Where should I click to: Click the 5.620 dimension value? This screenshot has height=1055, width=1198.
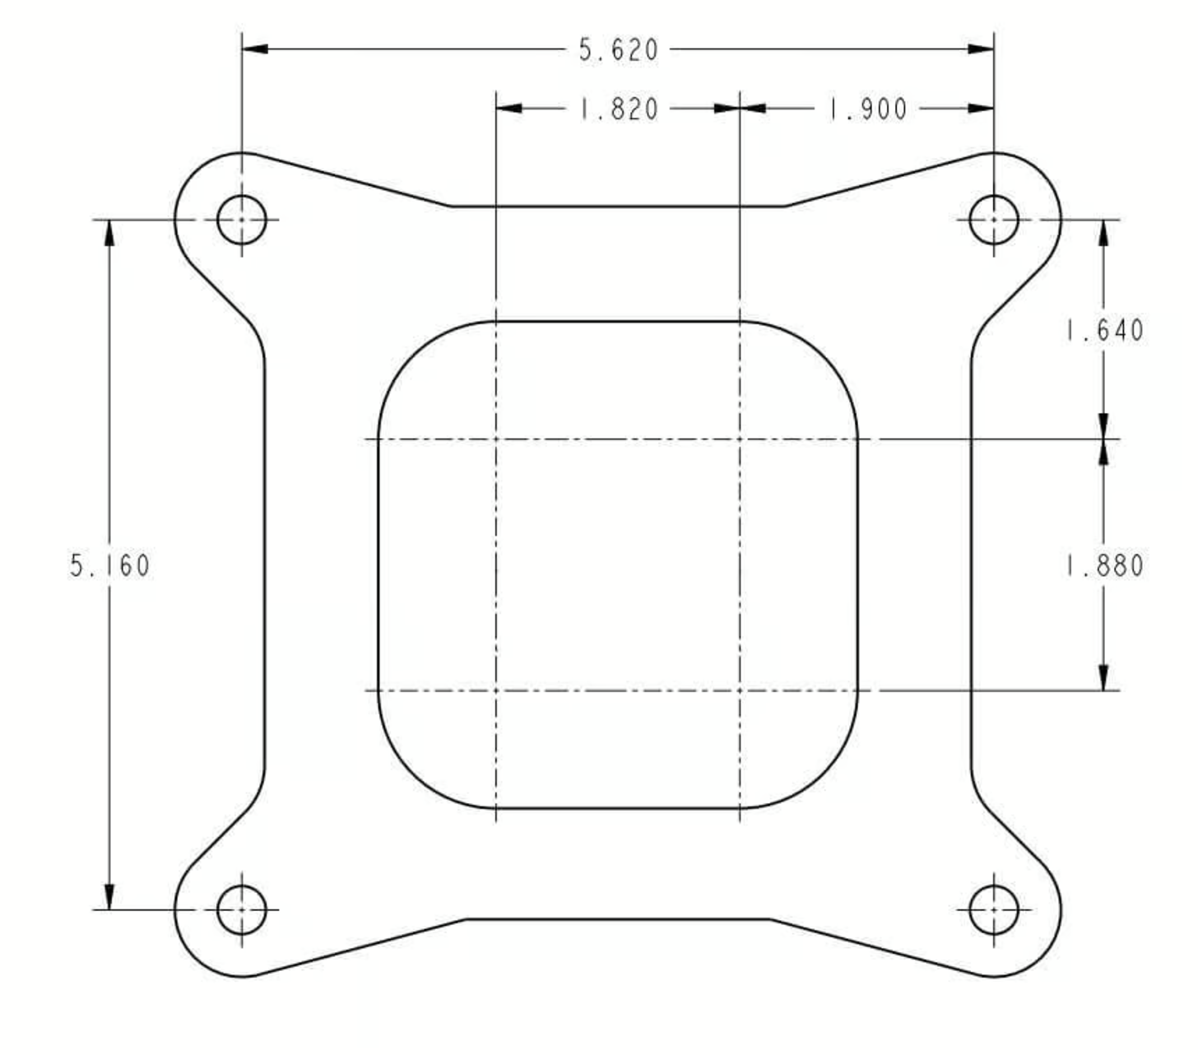617,50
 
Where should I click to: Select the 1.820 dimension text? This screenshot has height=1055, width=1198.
619,109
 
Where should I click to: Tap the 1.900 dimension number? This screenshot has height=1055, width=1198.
867,109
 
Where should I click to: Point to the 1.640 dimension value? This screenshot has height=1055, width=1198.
1104,331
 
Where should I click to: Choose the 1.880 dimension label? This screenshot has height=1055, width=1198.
1104,566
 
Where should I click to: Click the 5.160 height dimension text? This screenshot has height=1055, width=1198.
110,566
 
